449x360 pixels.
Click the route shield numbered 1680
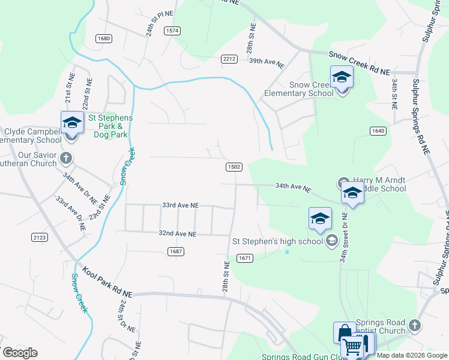103,38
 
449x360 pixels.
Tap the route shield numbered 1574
173,30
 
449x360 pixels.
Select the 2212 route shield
229,59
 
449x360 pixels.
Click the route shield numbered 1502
234,167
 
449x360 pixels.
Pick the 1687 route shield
176,251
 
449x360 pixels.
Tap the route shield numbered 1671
244,258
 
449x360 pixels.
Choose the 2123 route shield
40,238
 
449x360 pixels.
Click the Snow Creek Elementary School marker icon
342,78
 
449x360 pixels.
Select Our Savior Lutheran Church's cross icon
66,159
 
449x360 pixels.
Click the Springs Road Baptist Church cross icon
414,326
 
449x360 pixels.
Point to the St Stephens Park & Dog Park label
110,126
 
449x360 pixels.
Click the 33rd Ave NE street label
180,205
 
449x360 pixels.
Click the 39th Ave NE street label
266,61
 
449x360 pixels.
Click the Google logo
19,352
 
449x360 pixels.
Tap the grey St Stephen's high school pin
331,241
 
